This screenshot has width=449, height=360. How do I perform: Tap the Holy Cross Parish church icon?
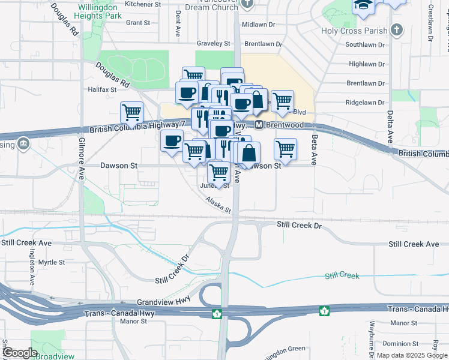tap(396, 29)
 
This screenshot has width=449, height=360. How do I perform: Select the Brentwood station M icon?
tap(259, 125)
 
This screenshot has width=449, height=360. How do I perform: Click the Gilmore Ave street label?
tap(81, 159)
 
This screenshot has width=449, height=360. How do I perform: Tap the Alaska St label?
tap(218, 205)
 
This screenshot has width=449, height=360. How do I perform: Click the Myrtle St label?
tap(51, 262)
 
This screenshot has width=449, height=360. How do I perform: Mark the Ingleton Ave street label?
tap(31, 272)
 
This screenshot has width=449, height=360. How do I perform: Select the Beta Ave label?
tap(313, 149)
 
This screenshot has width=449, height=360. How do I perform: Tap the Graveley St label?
tap(214, 43)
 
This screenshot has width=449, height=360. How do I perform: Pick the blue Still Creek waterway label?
tap(342, 275)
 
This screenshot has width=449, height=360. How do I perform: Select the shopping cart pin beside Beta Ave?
tap(285, 149)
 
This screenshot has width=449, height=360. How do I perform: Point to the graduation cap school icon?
tap(363, 6)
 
